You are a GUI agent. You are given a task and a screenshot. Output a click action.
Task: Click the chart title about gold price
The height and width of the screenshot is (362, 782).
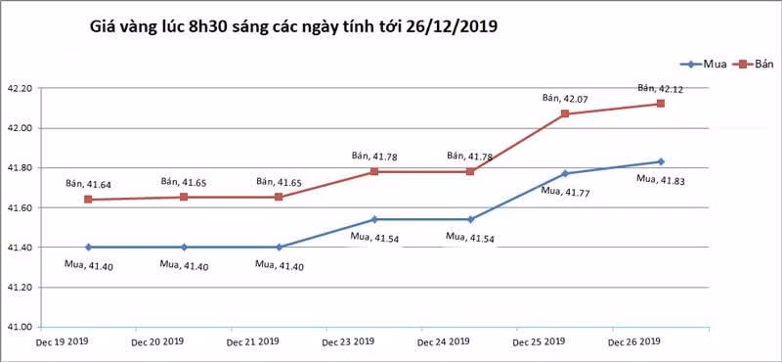pos(293,27)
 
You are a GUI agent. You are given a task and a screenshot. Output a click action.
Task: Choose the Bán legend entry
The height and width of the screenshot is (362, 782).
pos(759,64)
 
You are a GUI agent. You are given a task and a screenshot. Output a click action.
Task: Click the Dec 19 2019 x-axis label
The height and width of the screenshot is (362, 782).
pos(62,342)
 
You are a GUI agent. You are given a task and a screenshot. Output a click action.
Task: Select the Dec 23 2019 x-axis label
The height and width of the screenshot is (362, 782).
pos(348,342)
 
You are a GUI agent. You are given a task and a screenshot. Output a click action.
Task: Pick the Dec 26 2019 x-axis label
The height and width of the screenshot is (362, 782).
pos(634,342)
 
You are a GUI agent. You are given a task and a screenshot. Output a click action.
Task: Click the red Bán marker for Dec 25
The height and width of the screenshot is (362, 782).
pos(565,114)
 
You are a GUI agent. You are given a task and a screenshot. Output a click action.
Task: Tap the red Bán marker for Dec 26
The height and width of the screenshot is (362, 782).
pos(661,104)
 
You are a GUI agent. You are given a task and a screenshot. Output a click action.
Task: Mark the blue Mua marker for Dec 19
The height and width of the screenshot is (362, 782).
pos(88,248)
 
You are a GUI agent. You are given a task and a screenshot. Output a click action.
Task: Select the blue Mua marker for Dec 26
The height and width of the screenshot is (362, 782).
pos(661,161)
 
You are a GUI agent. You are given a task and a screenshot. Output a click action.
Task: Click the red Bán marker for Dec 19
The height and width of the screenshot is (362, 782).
pos(88,200)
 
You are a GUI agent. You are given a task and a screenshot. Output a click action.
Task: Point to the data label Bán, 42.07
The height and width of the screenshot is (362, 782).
pos(565,98)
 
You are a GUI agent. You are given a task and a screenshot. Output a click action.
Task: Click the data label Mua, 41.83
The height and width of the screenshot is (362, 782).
pos(660,179)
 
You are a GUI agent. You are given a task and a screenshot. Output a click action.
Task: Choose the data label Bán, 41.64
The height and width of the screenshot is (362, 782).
pos(88,183)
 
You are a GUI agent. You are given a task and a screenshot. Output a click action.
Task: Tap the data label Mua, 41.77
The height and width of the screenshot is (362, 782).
pos(564,191)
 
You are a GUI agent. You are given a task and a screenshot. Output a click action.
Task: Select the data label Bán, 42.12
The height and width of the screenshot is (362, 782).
pos(660,88)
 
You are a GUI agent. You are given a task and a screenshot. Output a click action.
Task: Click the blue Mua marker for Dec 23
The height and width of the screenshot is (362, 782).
pos(374,219)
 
